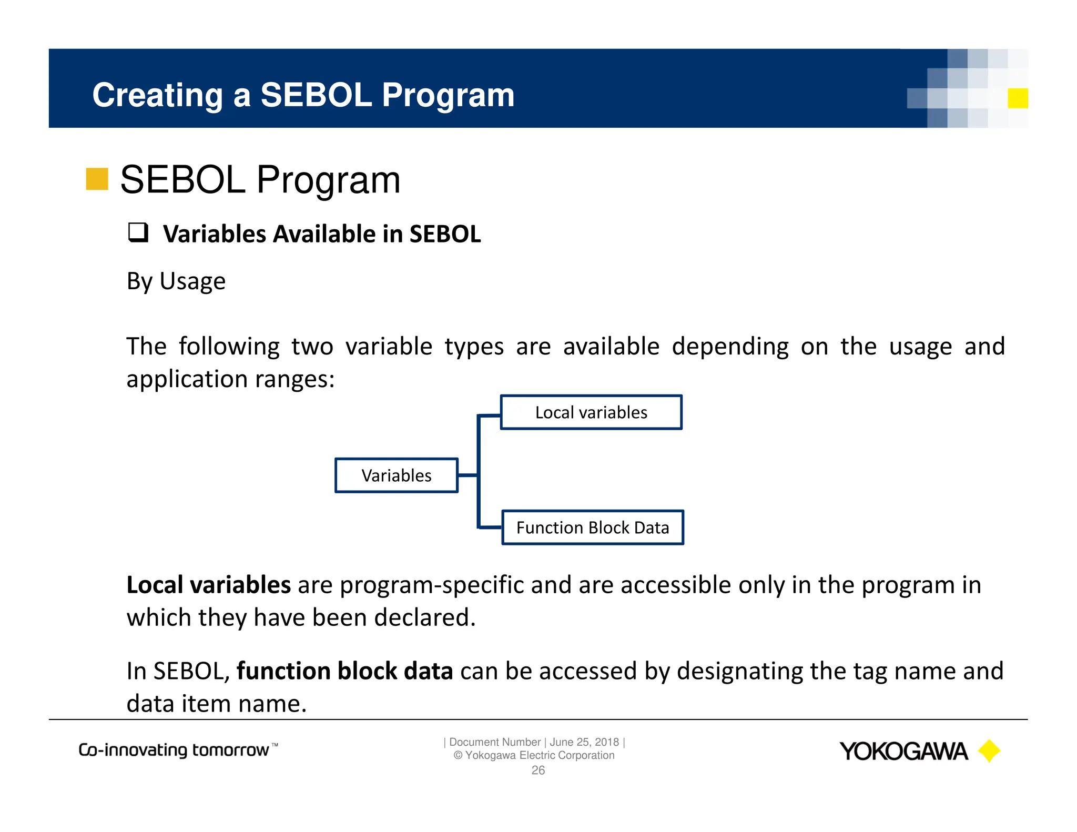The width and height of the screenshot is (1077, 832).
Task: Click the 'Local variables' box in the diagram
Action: point(591,412)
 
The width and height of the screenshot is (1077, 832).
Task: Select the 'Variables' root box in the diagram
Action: point(397,475)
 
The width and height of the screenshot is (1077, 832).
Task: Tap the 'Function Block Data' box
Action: point(593,527)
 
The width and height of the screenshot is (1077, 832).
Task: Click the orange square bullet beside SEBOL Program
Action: point(97,179)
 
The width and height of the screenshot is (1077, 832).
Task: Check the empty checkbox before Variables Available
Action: point(138,232)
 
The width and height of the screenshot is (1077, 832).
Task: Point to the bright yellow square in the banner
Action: point(1018,98)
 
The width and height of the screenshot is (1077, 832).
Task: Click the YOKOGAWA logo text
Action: point(903,752)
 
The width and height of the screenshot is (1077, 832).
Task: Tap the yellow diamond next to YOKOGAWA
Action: point(989,751)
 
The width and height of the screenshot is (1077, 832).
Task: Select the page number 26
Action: point(538,770)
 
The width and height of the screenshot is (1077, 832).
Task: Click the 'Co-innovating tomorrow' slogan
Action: point(174,750)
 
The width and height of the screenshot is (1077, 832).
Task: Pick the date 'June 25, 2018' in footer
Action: point(584,742)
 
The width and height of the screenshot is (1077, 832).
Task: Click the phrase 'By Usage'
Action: point(176,281)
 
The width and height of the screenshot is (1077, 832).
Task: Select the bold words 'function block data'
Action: point(344,671)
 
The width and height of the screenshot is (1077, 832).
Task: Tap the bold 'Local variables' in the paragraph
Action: point(208,585)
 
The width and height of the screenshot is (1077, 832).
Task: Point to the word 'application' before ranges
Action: point(187,379)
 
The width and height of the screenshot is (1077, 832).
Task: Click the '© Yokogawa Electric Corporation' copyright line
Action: point(534,756)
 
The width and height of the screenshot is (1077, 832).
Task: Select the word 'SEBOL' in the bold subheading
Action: point(445,234)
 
